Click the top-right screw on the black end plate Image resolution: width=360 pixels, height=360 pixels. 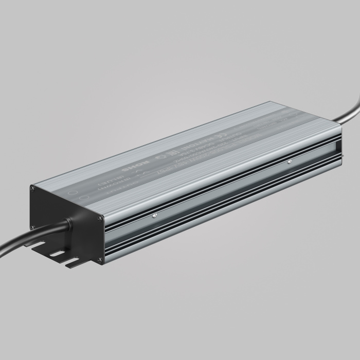click(x=99, y=218)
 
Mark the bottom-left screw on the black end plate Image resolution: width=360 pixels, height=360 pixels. click(x=32, y=227)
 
